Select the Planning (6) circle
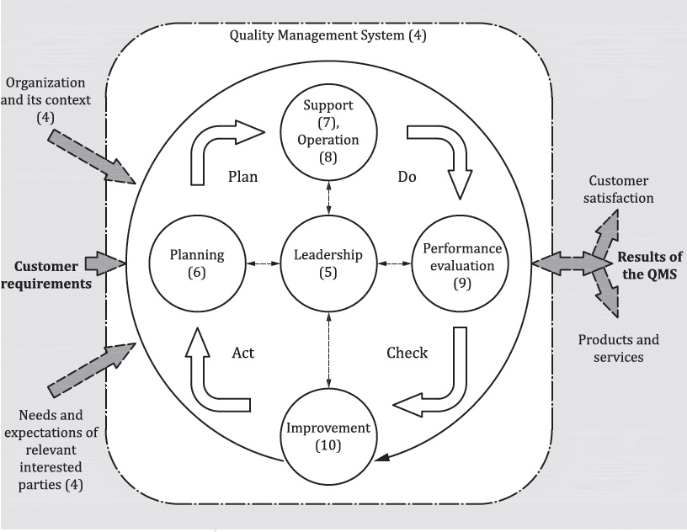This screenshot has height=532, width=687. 197,263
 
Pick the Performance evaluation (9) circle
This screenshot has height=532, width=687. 461,264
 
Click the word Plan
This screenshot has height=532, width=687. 242,177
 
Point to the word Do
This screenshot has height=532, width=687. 407,177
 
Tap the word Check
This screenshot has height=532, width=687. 407,352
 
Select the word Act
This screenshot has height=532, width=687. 242,352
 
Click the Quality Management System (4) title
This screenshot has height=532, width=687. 328,36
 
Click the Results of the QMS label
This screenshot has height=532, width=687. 649,265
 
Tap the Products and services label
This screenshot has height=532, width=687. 618,348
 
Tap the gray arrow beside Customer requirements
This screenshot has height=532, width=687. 107,263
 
